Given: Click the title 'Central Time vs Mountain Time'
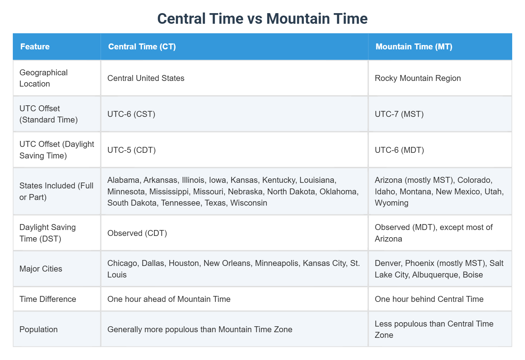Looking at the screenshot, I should pyautogui.click(x=262, y=19).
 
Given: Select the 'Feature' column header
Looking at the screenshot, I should pyautogui.click(x=35, y=47).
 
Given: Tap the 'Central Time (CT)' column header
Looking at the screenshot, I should pyautogui.click(x=142, y=47).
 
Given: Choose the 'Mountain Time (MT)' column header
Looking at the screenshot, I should pyautogui.click(x=414, y=47).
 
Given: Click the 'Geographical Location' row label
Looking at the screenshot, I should pyautogui.click(x=43, y=78).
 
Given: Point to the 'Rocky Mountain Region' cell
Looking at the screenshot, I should pyautogui.click(x=417, y=78).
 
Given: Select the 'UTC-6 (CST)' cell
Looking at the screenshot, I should pyautogui.click(x=131, y=114).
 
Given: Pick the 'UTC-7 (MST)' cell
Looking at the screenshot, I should pyautogui.click(x=399, y=114).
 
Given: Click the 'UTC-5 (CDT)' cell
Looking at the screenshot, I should pyautogui.click(x=132, y=150).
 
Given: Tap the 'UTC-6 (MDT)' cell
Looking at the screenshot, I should pyautogui.click(x=399, y=150).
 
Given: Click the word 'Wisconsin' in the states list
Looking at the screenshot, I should pyautogui.click(x=249, y=203).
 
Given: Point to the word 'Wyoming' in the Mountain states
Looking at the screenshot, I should pyautogui.click(x=392, y=203).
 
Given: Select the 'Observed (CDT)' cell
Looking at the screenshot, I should pyautogui.click(x=137, y=233).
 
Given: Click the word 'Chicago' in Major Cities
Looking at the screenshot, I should pyautogui.click(x=122, y=263).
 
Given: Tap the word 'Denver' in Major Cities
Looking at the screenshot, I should pyautogui.click(x=387, y=263).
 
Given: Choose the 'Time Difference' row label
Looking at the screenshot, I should pyautogui.click(x=48, y=299).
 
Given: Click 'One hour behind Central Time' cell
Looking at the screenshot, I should pyautogui.click(x=429, y=299).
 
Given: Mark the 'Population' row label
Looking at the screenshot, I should pyautogui.click(x=38, y=329).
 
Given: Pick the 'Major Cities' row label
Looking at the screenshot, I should pyautogui.click(x=41, y=269).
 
